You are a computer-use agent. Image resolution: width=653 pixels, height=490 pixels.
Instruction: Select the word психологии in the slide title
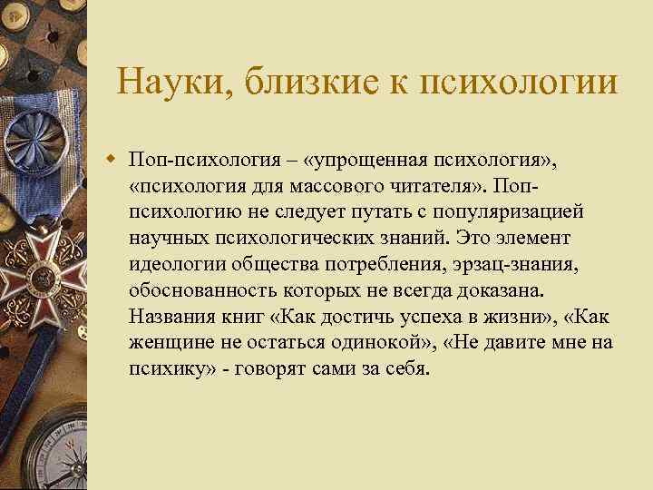(x=530, y=83)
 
